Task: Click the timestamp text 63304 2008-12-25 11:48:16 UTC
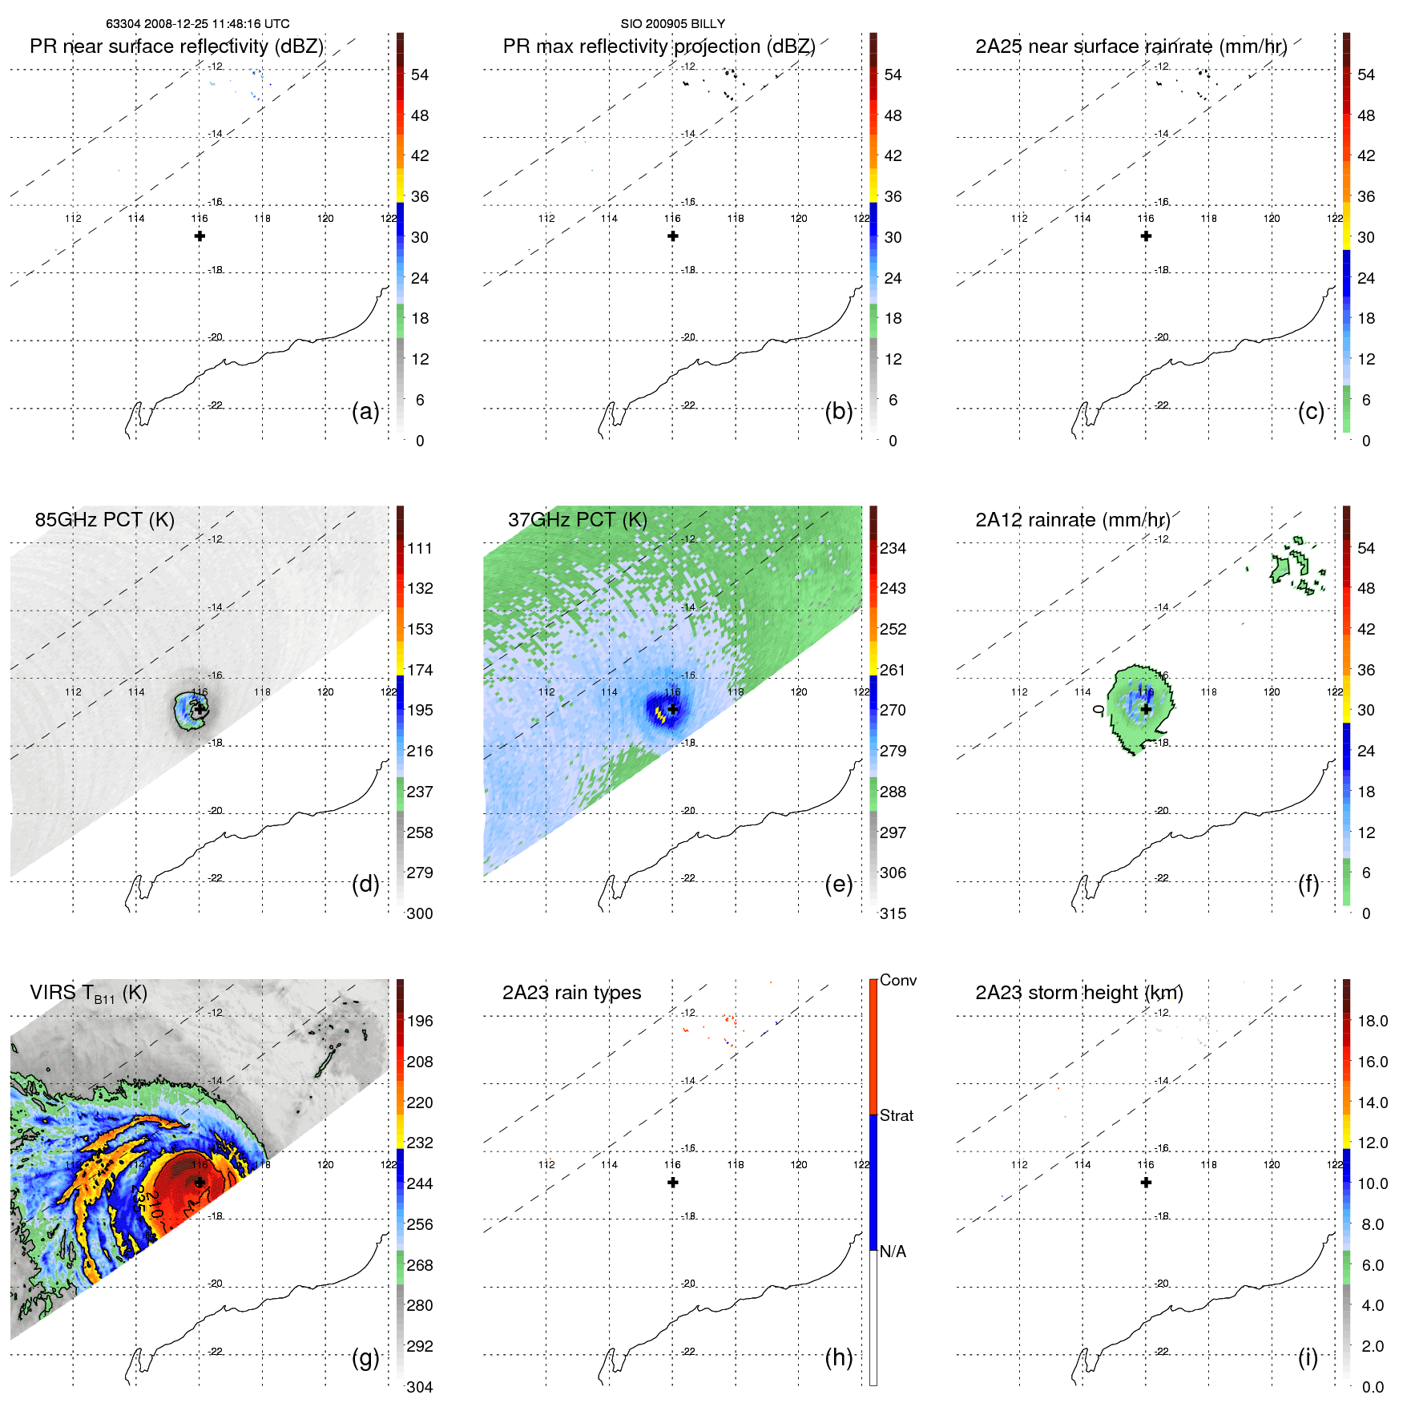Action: (x=198, y=24)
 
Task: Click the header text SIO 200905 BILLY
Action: (x=672, y=24)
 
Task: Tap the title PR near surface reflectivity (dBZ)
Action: (x=176, y=46)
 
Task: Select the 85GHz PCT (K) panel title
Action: (x=104, y=520)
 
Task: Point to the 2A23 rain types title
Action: (x=571, y=993)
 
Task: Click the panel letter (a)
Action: (x=365, y=411)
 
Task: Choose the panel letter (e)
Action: (x=838, y=884)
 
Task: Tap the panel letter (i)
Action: (x=1308, y=1357)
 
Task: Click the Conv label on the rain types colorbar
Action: (x=897, y=980)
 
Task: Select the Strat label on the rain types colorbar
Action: (x=896, y=1115)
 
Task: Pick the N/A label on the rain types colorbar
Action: (x=893, y=1252)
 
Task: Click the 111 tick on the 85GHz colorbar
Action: (x=420, y=548)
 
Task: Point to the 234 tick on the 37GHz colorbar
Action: (x=893, y=548)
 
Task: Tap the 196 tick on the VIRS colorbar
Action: (x=420, y=1021)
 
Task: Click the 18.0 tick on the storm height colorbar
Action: (x=1372, y=1021)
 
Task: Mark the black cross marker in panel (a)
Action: (x=200, y=236)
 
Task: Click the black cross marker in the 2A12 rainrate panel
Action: (x=1146, y=709)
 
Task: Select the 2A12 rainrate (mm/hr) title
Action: (x=1072, y=520)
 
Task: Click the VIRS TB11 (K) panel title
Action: (x=88, y=994)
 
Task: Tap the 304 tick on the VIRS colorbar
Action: (x=420, y=1387)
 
